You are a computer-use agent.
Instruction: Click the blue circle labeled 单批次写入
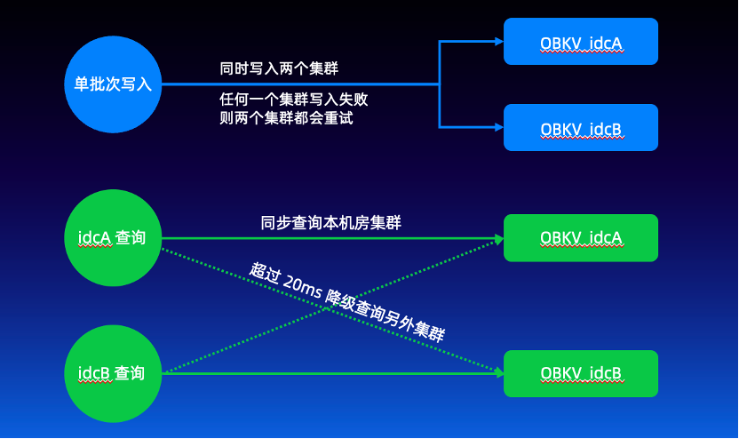[x=113, y=84]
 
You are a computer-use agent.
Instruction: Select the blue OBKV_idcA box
[x=581, y=41]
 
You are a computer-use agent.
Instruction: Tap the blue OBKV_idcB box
[x=581, y=127]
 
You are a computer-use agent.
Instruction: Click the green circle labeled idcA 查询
[x=113, y=238]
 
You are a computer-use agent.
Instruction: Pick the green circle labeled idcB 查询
[x=113, y=372]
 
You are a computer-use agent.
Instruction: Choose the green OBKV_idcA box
[x=581, y=238]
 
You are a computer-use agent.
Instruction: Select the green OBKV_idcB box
[x=581, y=373]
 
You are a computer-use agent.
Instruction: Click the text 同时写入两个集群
[x=278, y=68]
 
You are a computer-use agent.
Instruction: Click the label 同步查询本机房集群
[x=330, y=223]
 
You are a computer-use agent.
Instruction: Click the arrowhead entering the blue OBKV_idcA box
[x=497, y=41]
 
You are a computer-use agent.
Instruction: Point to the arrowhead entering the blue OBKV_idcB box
[x=497, y=127]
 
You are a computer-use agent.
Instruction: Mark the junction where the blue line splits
[x=441, y=84]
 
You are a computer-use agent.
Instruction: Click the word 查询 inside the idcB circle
[x=130, y=372]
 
